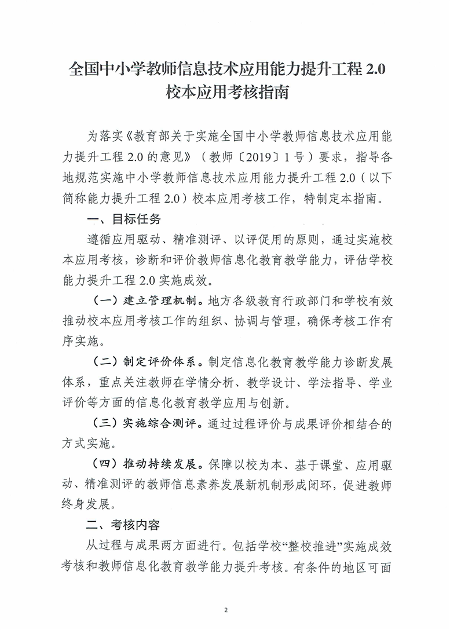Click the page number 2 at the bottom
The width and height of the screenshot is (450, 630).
(226, 610)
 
